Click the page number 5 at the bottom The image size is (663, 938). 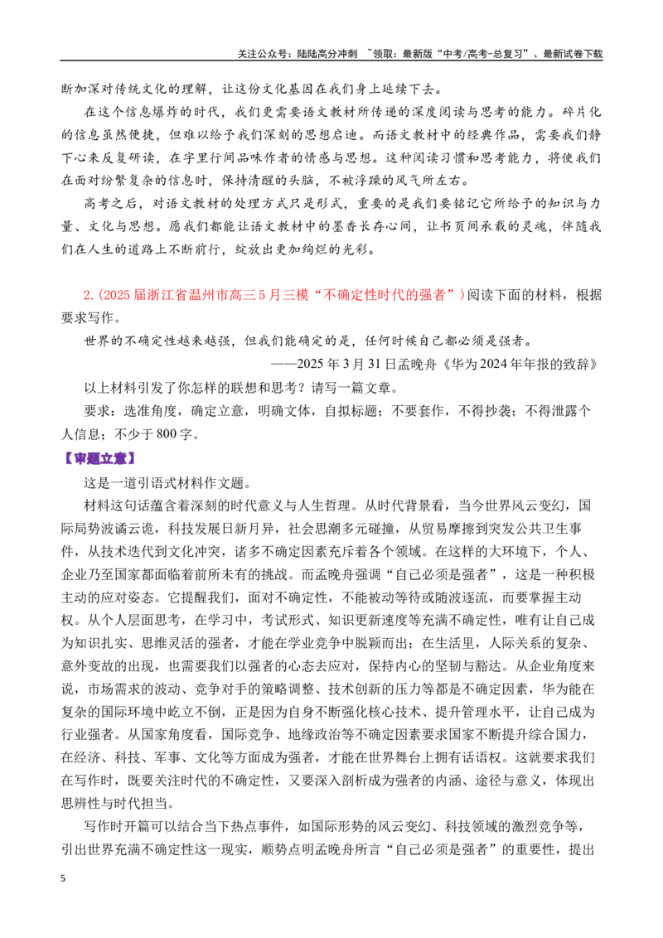pyautogui.click(x=64, y=878)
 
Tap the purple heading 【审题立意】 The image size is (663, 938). pyautogui.click(x=99, y=459)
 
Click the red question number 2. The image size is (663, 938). pyautogui.click(x=88, y=295)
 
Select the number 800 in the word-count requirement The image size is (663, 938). pyautogui.click(x=167, y=433)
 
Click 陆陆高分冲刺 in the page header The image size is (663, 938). pyautogui.click(x=327, y=54)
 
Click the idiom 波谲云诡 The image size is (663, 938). pyautogui.click(x=128, y=528)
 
